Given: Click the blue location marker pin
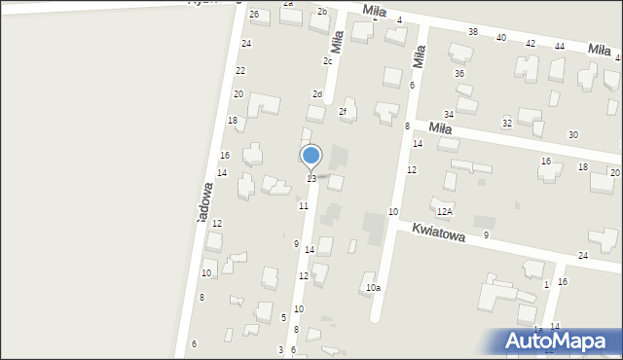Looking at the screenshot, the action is tap(311, 156).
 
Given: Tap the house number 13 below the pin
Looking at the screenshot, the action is tap(311, 179).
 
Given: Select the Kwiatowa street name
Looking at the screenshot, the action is tap(438, 232).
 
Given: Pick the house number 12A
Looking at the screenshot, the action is tap(445, 211).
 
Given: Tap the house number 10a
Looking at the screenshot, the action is tap(373, 288).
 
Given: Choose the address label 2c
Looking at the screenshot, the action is tap(328, 61).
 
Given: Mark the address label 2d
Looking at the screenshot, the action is tap(317, 94).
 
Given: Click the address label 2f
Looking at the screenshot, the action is tap(343, 112).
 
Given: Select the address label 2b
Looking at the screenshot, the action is tap(322, 12).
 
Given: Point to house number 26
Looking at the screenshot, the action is tap(254, 15).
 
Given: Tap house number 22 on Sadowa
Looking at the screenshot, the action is tap(240, 71).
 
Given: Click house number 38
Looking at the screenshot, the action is tap(473, 32).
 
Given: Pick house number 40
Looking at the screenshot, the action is tap(501, 38).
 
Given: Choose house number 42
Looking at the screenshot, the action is tap(531, 44).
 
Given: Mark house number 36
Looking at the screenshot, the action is tap(459, 74).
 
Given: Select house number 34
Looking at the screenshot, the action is tap(449, 115).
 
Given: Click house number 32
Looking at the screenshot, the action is tap(507, 124).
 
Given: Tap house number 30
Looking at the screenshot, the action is tap(573, 134).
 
